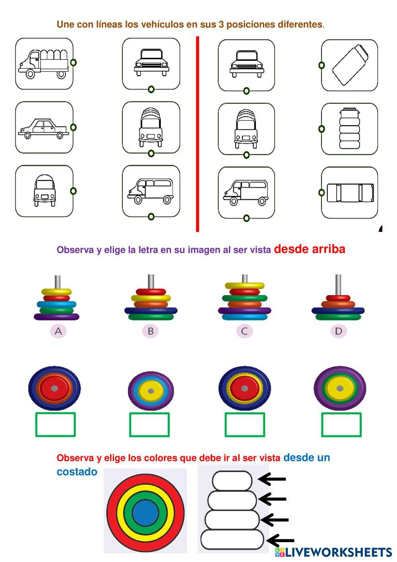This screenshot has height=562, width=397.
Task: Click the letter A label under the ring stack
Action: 58,331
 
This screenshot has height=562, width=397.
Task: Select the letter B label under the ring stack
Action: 151,331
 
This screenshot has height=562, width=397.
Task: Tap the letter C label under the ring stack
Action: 244,331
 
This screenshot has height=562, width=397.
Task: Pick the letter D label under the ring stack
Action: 338,331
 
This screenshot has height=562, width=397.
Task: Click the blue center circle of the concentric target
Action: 145,512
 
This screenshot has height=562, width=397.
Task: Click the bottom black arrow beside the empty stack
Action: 281,541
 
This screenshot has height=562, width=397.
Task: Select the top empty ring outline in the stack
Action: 232,480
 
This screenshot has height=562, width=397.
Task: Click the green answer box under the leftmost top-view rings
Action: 56,424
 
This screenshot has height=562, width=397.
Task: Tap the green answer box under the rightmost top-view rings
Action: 341,425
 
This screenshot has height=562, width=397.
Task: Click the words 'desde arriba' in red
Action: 310,249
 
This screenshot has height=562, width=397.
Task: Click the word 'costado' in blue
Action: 77,472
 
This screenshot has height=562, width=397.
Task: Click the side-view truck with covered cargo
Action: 43,63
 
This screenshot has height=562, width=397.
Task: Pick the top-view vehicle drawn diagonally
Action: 350,65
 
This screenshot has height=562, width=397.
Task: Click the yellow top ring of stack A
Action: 56,292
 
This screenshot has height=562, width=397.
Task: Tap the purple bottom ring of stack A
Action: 56,317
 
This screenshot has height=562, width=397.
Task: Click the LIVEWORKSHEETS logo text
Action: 337,552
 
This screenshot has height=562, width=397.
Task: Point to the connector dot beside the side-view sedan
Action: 73,127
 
